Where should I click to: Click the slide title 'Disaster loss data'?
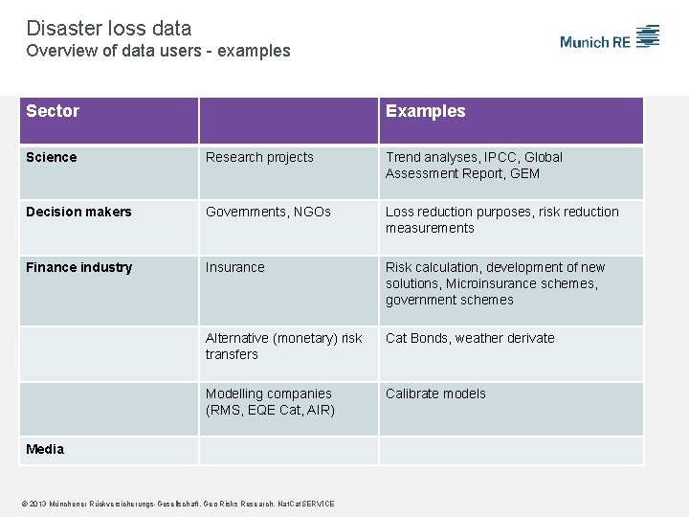109,29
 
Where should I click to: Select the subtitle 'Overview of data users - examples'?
158,51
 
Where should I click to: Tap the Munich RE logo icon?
648,37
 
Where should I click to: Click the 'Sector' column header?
53,111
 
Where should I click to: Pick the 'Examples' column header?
425,111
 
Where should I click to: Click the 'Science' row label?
52,157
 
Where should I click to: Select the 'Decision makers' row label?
78,212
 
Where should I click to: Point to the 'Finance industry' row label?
78,267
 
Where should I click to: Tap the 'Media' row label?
45,449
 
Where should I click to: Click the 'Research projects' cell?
259,157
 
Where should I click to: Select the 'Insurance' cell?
234,267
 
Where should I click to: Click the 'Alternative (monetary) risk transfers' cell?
283,346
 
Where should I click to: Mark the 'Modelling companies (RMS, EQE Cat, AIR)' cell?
270,401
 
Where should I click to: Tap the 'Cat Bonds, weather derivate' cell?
470,338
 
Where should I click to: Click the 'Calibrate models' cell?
435,393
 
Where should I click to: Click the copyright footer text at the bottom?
180,504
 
